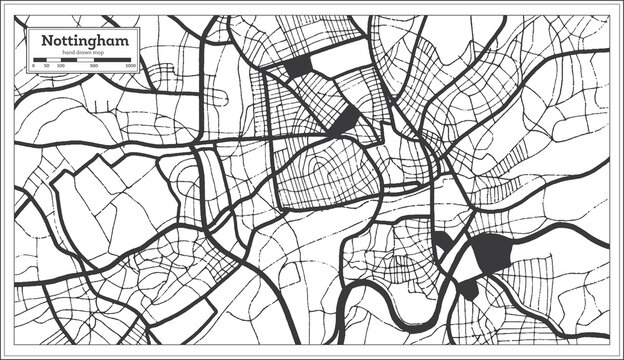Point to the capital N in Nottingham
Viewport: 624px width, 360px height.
tap(44, 40)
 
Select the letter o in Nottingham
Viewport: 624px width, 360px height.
tap(55, 41)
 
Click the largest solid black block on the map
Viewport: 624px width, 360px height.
tap(493, 253)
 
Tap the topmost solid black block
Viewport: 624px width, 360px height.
tap(298, 67)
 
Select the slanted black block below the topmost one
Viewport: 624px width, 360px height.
tap(345, 122)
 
